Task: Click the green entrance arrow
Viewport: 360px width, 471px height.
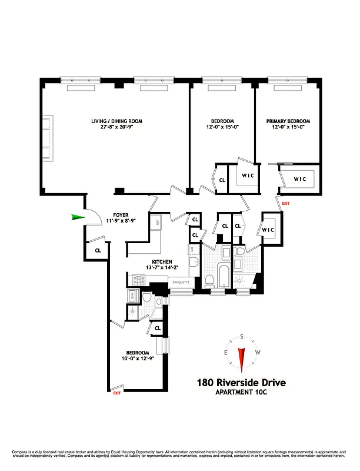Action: (77, 218)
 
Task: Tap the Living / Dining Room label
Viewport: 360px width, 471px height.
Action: (116, 121)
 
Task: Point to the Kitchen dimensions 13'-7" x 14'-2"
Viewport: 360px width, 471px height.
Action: (162, 267)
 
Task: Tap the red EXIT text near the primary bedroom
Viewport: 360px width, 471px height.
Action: (286, 204)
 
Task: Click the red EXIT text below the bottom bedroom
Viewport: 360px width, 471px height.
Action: (116, 393)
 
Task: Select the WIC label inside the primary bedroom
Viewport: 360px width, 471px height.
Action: (300, 179)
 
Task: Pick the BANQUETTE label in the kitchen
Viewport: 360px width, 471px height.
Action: (181, 282)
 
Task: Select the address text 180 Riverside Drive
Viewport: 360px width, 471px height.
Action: (241, 383)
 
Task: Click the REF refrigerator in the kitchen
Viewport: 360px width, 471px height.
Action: (156, 223)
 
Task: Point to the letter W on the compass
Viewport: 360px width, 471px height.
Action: (258, 352)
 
